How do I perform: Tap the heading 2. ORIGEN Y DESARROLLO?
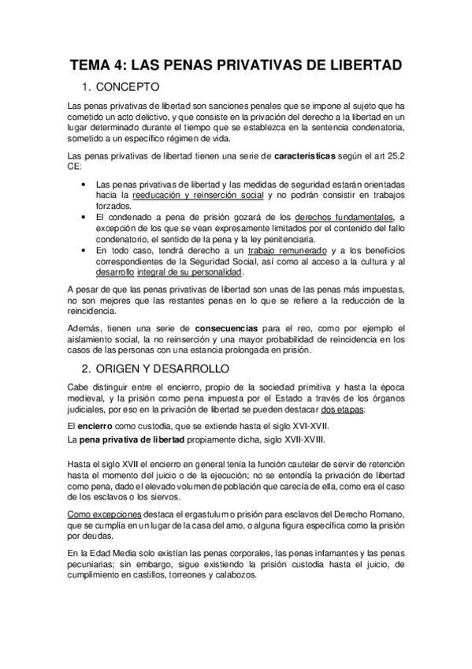(161, 368)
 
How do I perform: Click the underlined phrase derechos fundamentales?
(344, 217)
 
